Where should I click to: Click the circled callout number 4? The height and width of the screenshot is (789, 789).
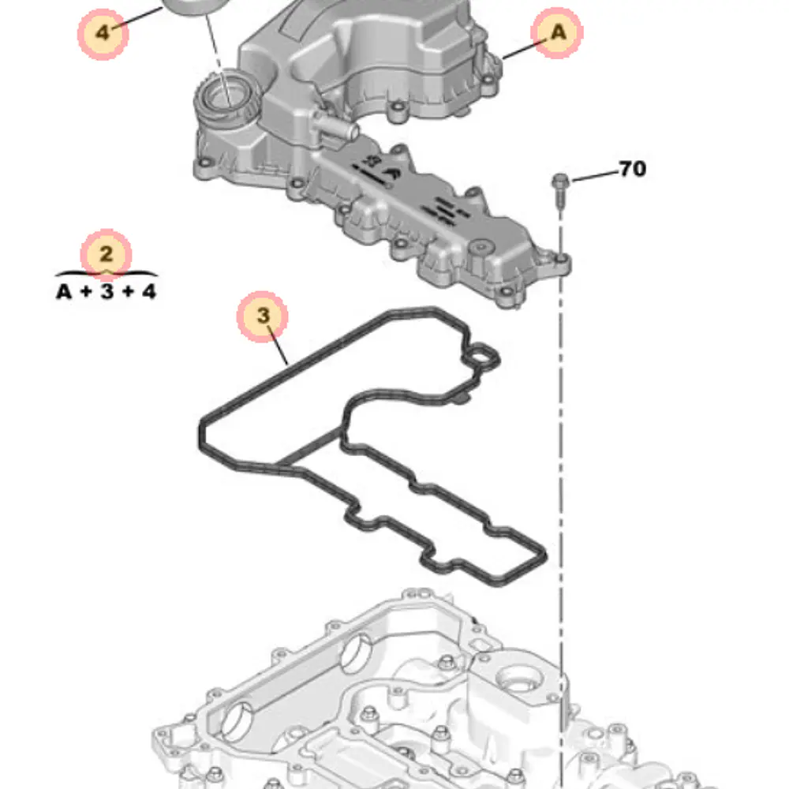pyautogui.click(x=103, y=34)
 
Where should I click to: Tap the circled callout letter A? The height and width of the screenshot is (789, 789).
pyautogui.click(x=558, y=32)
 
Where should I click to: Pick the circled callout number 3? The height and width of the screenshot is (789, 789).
pyautogui.click(x=263, y=316)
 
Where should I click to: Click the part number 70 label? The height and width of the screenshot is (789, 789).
pyautogui.click(x=632, y=169)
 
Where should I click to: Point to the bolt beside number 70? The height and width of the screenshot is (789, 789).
pyautogui.click(x=560, y=190)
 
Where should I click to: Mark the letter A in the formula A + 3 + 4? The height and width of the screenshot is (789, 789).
pyautogui.click(x=64, y=291)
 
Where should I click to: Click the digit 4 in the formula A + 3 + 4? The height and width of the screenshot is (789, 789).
pyautogui.click(x=148, y=291)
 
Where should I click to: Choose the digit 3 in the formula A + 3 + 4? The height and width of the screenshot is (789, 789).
pyautogui.click(x=107, y=291)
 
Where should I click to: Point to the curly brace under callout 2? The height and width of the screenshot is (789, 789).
pyautogui.click(x=107, y=274)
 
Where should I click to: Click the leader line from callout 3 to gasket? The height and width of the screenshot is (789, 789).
pyautogui.click(x=278, y=346)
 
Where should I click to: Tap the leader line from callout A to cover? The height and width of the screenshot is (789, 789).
pyautogui.click(x=524, y=49)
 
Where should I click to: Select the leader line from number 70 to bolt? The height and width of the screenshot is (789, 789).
pyautogui.click(x=595, y=176)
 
